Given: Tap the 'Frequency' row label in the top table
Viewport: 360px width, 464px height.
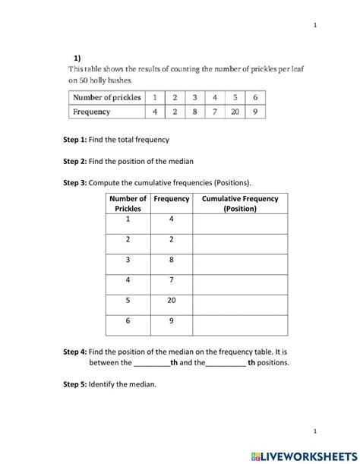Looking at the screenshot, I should coord(92,112).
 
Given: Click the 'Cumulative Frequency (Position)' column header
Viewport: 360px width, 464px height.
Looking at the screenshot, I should coord(240,204).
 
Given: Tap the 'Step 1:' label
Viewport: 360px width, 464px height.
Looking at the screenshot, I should coord(74,140).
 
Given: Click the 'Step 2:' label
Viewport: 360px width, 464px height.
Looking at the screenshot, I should coord(74,162).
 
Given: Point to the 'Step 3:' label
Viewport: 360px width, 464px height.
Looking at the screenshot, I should coord(74,183).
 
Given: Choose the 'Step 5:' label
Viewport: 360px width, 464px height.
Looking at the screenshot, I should coord(74,385).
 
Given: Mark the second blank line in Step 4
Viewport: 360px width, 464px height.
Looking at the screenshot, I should coord(226,363).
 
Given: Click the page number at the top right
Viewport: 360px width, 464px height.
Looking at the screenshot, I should coord(314,25).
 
